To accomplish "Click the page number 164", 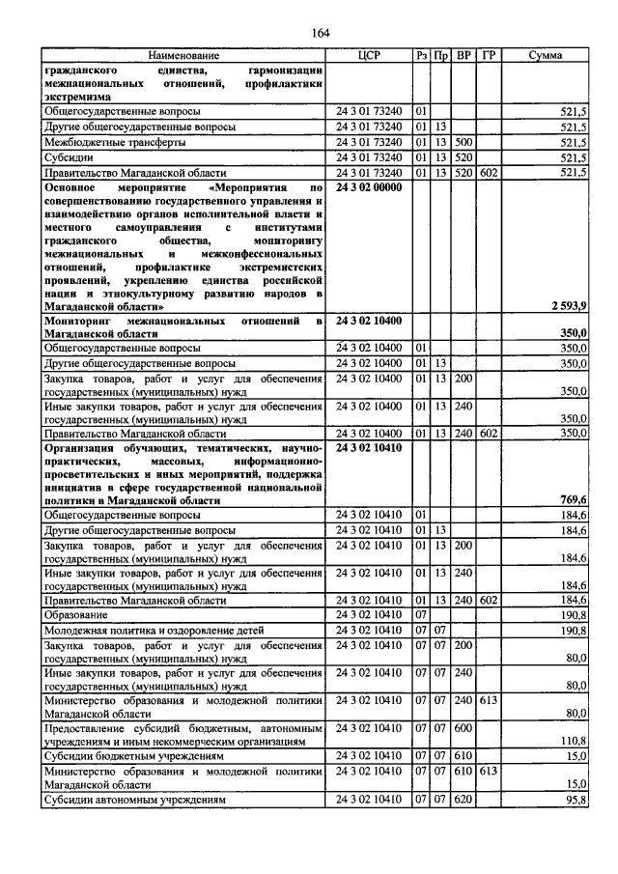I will [x=321, y=34].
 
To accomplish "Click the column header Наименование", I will [x=183, y=56].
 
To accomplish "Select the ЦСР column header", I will [x=371, y=56].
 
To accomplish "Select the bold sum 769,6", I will [x=574, y=499].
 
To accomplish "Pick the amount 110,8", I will [x=575, y=740].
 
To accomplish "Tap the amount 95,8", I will [x=576, y=801].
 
